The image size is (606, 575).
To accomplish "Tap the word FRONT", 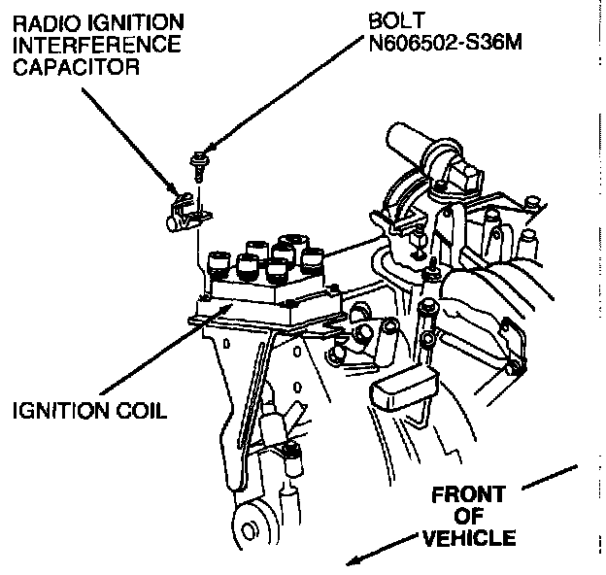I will (x=468, y=496).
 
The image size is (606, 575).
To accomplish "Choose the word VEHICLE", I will (x=468, y=538).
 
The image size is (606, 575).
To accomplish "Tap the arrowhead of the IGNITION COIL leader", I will (x=227, y=306).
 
